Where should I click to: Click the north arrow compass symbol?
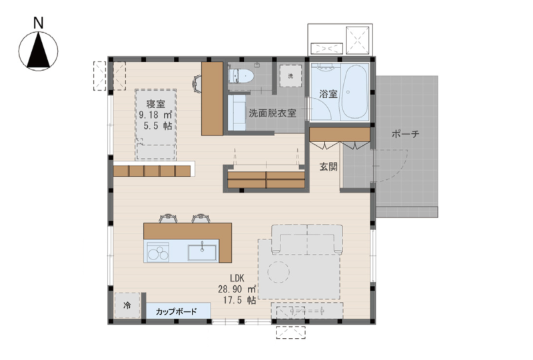click(38, 51)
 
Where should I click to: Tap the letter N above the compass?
click(39, 23)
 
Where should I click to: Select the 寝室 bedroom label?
click(156, 103)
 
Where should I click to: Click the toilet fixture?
click(240, 76)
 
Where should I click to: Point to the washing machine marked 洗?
click(290, 76)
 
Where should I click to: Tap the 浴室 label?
click(328, 94)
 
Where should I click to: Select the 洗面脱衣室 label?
click(272, 113)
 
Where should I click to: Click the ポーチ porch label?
click(406, 134)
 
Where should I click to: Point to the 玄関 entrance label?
click(328, 167)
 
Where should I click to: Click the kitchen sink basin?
click(203, 252)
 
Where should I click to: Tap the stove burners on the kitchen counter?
click(158, 252)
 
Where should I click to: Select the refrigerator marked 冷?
click(127, 305)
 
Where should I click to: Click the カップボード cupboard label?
click(176, 311)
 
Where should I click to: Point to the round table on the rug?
click(278, 272)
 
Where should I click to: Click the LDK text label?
click(237, 278)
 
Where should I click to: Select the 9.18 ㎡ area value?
click(156, 115)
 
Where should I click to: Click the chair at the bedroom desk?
click(197, 84)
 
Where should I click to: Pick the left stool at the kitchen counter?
click(169, 218)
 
